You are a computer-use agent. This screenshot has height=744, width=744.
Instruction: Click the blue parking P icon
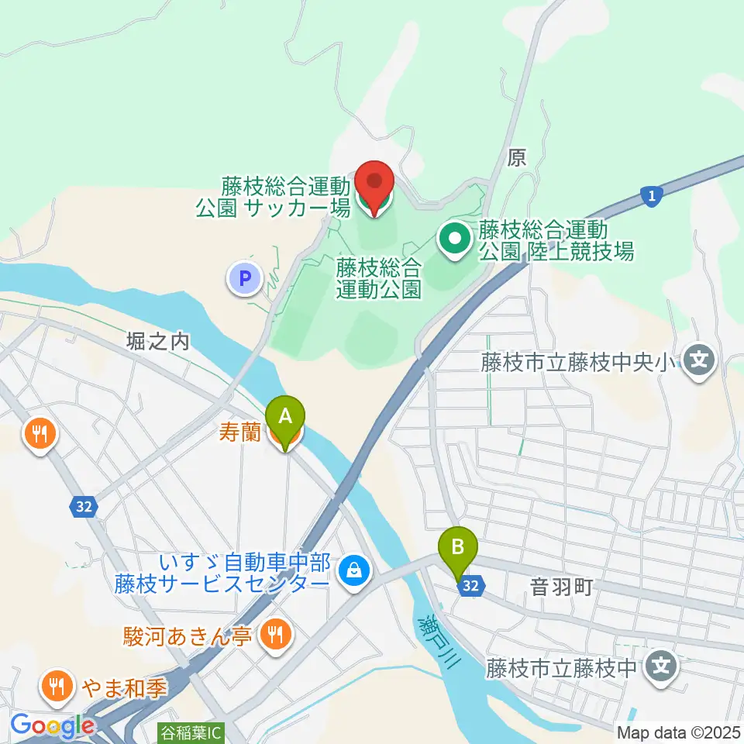pos(245,277)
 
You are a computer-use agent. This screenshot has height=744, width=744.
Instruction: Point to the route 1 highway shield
pos(652,198)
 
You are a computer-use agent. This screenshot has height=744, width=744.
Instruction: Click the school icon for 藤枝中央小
pos(701,360)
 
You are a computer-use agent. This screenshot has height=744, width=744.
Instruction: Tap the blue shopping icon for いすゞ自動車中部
pos(354,572)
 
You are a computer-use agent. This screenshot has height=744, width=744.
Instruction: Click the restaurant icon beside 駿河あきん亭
pos(274,635)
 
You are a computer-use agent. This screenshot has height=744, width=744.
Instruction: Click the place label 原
pos(517,159)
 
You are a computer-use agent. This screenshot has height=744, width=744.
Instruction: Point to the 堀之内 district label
pos(158,342)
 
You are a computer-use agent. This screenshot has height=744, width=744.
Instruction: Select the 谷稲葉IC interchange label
pos(191,730)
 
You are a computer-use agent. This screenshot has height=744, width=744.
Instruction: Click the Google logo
pos(53,726)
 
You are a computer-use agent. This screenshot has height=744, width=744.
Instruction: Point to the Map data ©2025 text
pos(678,732)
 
